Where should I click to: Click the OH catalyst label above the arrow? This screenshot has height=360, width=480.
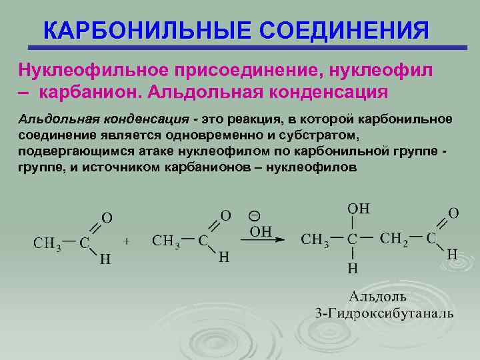(x=261, y=231)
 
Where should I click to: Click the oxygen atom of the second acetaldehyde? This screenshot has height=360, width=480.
(x=226, y=215)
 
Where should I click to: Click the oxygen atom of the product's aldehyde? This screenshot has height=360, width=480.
(x=453, y=213)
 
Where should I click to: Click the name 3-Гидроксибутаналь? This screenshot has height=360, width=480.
(x=385, y=313)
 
